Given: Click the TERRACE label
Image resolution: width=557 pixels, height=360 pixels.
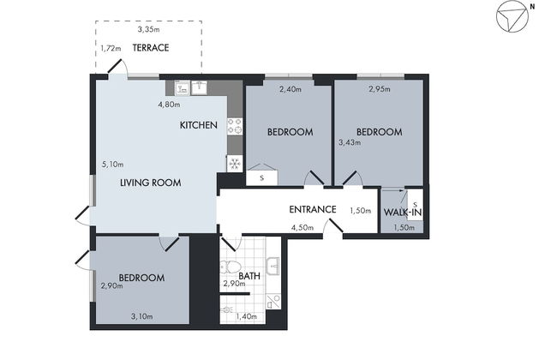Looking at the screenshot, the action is (151, 48).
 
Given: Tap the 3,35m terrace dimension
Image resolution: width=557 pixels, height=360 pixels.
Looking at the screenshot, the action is (148, 29).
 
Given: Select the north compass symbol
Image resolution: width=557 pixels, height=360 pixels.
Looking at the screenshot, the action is (512, 16).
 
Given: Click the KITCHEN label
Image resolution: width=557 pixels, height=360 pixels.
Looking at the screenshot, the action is (199, 125).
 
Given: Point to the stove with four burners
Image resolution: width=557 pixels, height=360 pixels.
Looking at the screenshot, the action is (235, 126).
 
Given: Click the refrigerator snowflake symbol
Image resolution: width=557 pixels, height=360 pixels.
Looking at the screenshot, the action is (235, 164).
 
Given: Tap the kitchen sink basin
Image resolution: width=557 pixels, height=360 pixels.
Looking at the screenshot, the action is (200, 87).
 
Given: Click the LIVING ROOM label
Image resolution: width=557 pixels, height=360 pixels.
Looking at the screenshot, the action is (151, 183).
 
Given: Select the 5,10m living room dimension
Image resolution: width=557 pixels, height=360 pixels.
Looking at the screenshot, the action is (112, 165).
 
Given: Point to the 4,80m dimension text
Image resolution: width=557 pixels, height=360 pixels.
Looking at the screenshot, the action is (169, 105).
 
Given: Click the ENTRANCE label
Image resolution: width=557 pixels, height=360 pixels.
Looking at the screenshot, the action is (313, 209).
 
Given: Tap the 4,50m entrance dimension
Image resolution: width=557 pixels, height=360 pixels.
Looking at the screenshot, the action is (302, 227).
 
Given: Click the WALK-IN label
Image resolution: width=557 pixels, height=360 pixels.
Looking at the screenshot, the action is (403, 213).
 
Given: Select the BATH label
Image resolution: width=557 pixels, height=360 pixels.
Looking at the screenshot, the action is (249, 276).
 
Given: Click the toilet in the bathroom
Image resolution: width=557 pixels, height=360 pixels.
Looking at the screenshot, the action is (231, 267).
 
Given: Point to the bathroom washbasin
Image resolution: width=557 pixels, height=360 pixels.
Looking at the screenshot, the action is (273, 267).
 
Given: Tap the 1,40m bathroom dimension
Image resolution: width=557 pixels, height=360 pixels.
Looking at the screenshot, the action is (246, 316).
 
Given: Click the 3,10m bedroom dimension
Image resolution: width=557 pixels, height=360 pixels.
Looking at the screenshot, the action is (142, 316).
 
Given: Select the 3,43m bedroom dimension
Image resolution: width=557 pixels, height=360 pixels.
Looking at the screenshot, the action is (350, 143).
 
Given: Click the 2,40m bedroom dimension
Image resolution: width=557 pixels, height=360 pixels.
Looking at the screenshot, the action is (290, 89).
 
